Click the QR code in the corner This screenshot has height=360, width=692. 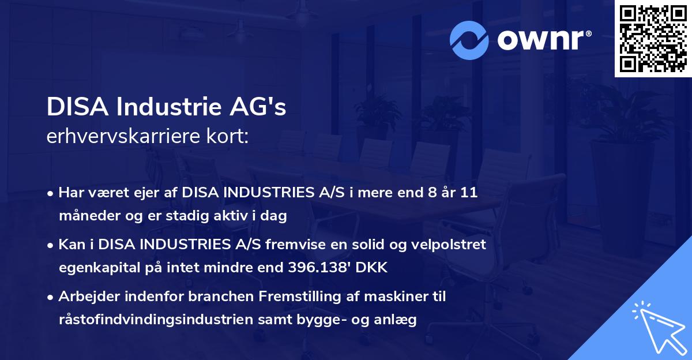click(653, 38)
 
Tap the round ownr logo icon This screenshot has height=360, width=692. click(469, 40)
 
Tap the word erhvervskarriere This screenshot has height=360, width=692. click(118, 137)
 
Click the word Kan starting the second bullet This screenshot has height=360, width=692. click(70, 245)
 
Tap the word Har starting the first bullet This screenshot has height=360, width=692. click(70, 193)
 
